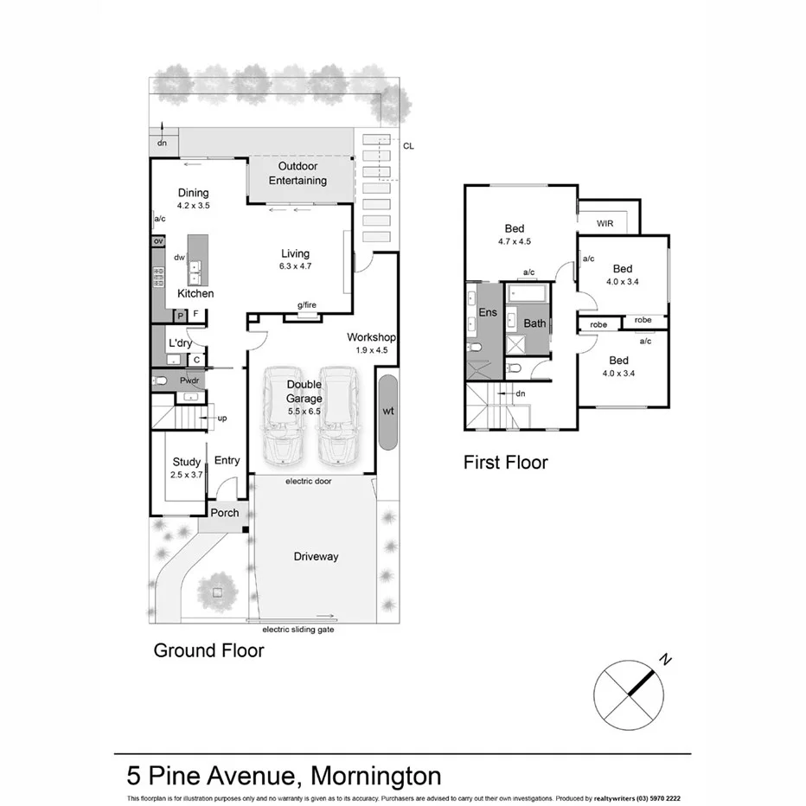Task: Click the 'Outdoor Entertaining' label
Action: (297, 173)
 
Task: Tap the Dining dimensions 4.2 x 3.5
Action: (193, 206)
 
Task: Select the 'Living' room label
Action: (295, 253)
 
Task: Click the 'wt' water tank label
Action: (388, 412)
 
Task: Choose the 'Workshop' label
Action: (371, 337)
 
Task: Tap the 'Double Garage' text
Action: (304, 392)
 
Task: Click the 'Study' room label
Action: (186, 462)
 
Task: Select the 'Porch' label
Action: (225, 513)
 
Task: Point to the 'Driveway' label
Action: (316, 556)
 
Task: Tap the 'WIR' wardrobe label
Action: (605, 223)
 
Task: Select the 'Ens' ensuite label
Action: (488, 312)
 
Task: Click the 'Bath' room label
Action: (534, 323)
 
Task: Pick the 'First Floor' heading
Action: (505, 463)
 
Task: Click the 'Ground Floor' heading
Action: (208, 650)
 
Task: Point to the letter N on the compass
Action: (665, 661)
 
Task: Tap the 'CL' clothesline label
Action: (408, 146)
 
